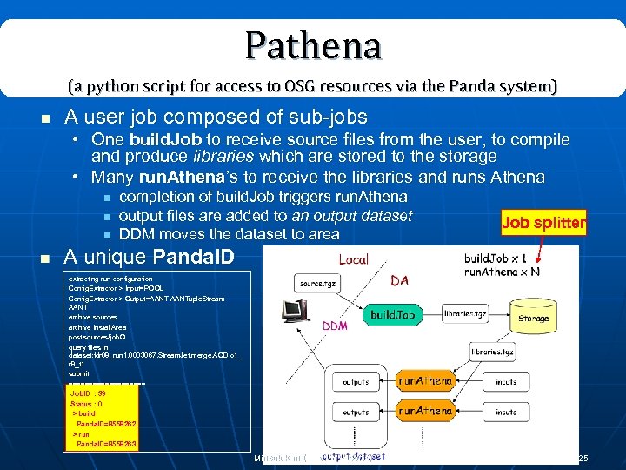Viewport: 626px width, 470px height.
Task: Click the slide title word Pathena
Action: point(313,45)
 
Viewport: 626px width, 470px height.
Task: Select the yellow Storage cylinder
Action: point(533,316)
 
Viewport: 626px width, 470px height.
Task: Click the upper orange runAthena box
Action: point(425,381)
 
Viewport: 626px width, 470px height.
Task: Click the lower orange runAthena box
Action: point(425,411)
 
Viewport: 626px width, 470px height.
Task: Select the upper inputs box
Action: point(505,382)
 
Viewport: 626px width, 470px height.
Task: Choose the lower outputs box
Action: point(355,412)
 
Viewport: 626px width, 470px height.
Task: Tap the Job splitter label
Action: point(543,222)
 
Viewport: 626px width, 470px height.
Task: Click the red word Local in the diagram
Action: point(353,259)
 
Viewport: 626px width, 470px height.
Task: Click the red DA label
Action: point(400,280)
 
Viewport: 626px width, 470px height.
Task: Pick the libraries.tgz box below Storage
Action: point(492,352)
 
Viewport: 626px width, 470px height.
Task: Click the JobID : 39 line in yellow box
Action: point(89,393)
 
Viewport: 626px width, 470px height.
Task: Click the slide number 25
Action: point(583,458)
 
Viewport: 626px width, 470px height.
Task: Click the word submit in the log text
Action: point(79,373)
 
